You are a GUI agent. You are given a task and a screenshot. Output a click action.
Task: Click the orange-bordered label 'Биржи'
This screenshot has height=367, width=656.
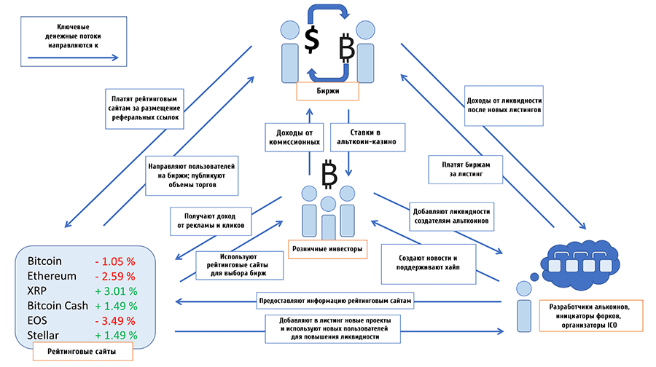tap(327, 91)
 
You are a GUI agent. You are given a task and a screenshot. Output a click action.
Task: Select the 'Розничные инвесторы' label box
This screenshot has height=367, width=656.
tap(327, 249)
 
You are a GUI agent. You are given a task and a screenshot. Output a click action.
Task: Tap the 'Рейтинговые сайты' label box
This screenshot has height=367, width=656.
tap(83, 351)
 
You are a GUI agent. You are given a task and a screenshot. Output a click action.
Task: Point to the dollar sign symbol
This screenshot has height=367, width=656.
tap(312, 40)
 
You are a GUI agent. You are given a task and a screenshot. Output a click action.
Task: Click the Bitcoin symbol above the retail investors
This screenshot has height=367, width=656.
tap(329, 174)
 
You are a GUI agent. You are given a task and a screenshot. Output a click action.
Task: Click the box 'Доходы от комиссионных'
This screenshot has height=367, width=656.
tap(294, 137)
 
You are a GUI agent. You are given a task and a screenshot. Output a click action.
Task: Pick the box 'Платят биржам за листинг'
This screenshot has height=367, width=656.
tap(466, 169)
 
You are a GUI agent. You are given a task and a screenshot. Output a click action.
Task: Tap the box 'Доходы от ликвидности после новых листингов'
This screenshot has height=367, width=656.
tap(504, 106)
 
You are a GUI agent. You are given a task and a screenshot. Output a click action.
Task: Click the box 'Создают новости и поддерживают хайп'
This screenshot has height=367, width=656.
tap(429, 264)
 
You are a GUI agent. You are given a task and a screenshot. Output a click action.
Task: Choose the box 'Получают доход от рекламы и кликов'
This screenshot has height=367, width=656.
tap(211, 221)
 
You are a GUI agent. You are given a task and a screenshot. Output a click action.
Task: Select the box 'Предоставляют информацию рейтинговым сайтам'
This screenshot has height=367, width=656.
tap(335, 301)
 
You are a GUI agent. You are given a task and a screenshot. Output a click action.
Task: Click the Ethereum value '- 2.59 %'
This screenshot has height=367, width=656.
tap(115, 276)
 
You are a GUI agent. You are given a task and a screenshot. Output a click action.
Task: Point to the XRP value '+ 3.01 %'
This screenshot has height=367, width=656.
tap(116, 291)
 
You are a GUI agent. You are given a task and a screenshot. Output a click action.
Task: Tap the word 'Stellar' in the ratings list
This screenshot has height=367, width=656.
tap(43, 335)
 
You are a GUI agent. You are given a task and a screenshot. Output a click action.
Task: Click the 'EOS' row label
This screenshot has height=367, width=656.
tap(37, 320)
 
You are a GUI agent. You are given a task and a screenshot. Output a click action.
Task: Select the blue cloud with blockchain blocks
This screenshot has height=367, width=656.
tap(580, 264)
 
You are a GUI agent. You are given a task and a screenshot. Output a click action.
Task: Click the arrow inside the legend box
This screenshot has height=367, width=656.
tap(73, 58)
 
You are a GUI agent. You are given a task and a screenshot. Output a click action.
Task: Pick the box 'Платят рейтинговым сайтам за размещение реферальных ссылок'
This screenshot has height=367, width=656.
tap(145, 108)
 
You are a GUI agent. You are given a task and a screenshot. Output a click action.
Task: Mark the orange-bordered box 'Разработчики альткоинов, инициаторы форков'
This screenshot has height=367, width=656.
tap(591, 316)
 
